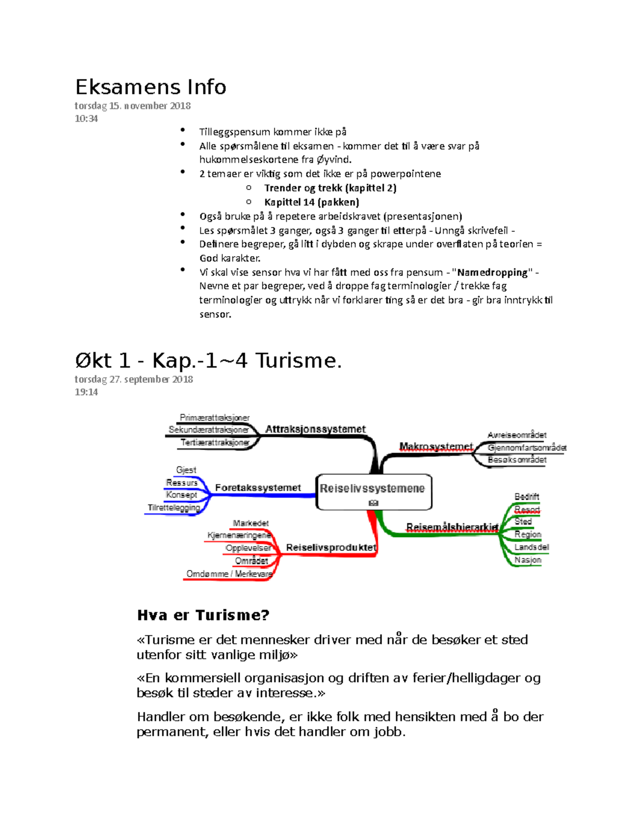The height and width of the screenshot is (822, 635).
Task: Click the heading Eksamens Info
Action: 151,87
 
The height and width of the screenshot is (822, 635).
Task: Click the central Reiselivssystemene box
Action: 373,491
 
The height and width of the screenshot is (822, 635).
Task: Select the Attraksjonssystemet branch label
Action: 315,429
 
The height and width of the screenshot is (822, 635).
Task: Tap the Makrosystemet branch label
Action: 436,447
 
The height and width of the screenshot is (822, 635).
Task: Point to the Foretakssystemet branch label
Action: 258,487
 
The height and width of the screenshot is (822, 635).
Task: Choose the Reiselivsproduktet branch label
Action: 331,547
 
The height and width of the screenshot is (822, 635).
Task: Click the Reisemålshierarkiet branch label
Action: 452,527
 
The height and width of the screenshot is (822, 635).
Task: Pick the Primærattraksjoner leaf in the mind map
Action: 214,418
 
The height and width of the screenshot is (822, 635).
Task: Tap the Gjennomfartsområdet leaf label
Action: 527,448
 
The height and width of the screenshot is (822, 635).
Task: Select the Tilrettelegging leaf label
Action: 174,508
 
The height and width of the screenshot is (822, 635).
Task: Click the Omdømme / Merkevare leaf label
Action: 229,574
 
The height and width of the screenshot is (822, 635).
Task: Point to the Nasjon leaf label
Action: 528,560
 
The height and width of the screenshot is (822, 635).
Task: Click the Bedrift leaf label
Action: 527,496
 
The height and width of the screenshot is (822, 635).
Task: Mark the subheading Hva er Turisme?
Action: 203,615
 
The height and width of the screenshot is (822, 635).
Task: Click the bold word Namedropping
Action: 492,273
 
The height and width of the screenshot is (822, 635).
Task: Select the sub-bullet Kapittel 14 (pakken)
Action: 312,202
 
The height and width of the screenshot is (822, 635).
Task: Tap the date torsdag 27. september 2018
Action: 133,380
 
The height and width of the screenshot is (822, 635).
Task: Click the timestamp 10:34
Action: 86,119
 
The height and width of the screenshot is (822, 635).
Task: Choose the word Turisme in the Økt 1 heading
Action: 298,361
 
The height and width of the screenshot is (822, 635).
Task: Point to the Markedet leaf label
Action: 250,523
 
